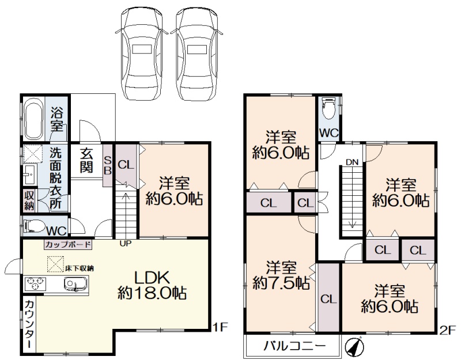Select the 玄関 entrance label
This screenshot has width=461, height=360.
pyautogui.click(x=86, y=161)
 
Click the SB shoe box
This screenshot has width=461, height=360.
pyautogui.click(x=108, y=166)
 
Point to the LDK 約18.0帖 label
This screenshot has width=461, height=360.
pyautogui.click(x=152, y=285)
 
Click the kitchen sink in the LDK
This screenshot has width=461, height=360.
pyautogui.click(x=75, y=284)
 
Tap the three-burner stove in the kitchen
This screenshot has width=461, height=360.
pyautogui.click(x=35, y=284)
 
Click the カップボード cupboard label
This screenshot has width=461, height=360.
pyautogui.click(x=68, y=244)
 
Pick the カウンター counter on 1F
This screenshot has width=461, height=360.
pyautogui.click(x=29, y=324)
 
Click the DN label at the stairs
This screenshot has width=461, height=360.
pyautogui.click(x=352, y=162)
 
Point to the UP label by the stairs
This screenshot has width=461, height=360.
pyautogui.click(x=125, y=243)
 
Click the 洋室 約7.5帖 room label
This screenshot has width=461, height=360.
pyautogui.click(x=281, y=275)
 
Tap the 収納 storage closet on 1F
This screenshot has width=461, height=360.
pyautogui.click(x=29, y=200)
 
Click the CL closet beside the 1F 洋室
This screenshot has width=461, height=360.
pyautogui.click(x=126, y=166)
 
